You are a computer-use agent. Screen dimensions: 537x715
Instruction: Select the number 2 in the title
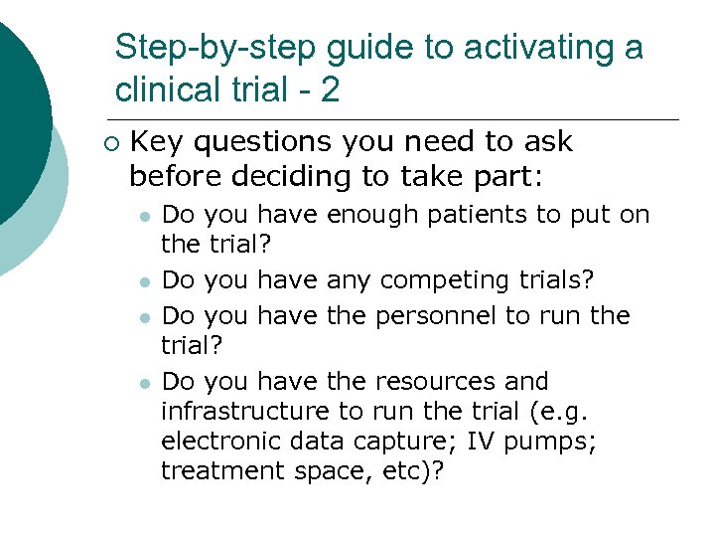pyautogui.click(x=331, y=90)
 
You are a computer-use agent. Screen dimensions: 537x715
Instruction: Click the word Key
pyautogui.click(x=157, y=142)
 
